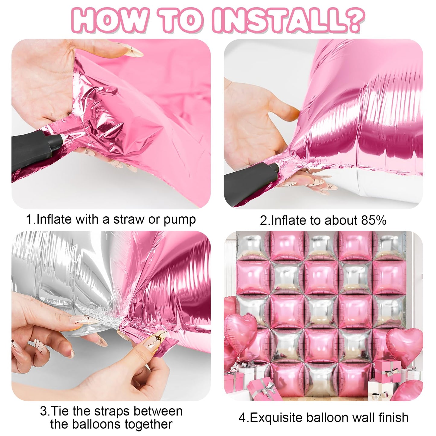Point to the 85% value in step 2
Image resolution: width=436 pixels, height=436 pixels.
click(374, 220)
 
